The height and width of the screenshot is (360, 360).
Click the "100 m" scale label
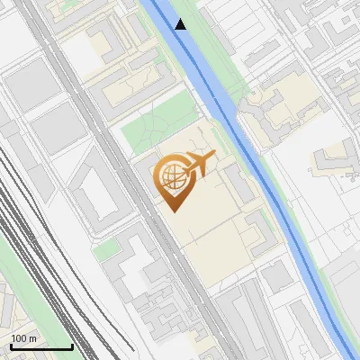pos(23,338)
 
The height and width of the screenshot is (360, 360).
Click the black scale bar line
pos(40,346)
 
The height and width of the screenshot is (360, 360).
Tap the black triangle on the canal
pos(181,24)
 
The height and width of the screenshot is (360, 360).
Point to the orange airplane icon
pos(200,163)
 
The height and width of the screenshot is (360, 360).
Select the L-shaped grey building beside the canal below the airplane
pos(261,234)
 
